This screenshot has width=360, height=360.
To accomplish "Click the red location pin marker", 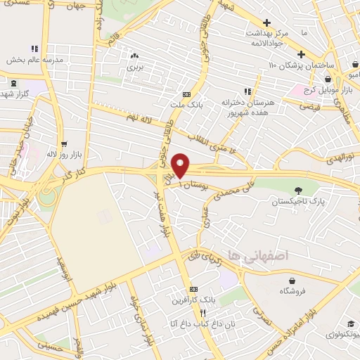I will click(x=181, y=164).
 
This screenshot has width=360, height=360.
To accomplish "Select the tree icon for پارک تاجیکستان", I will click(x=298, y=190).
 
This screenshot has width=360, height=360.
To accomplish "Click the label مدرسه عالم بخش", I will click(x=35, y=60).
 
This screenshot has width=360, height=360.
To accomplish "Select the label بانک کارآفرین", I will click(x=191, y=301).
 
